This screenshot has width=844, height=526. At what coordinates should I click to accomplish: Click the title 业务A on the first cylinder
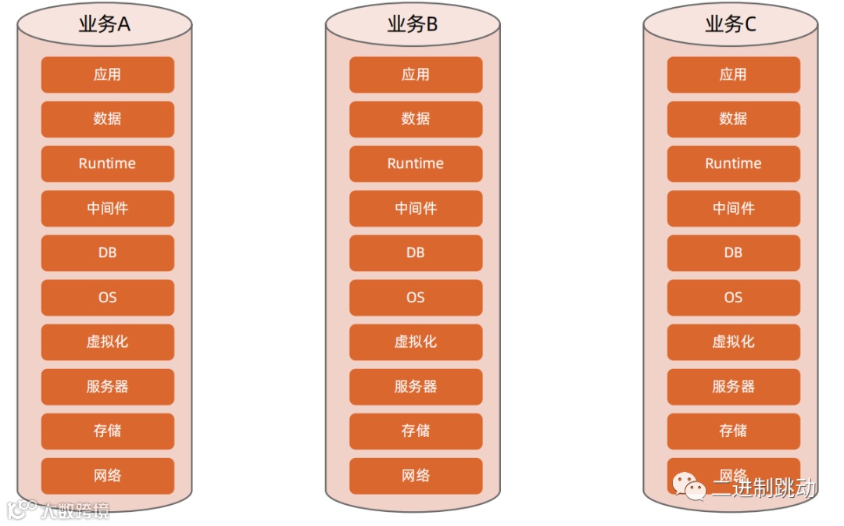(x=105, y=24)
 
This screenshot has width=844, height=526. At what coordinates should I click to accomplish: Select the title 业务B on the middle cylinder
(x=413, y=24)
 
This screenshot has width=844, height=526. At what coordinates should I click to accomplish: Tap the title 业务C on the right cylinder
(x=731, y=24)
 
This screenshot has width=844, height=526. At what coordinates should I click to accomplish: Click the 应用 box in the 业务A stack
(x=108, y=75)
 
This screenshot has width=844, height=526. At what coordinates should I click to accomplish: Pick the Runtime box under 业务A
(x=108, y=164)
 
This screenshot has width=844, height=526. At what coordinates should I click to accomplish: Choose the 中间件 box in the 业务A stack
(x=108, y=209)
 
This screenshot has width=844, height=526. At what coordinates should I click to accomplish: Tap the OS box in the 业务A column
(x=108, y=298)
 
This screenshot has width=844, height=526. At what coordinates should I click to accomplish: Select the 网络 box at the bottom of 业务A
(x=108, y=476)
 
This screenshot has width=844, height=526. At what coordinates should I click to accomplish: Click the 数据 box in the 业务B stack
(x=416, y=120)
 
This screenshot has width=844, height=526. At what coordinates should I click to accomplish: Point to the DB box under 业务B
(x=416, y=253)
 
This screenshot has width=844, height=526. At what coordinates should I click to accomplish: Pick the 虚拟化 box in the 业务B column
(x=416, y=342)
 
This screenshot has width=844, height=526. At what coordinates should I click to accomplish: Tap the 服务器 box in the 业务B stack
(x=416, y=387)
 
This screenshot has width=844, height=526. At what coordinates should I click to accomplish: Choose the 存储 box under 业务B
(x=416, y=431)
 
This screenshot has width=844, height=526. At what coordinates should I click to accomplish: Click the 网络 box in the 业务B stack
(x=416, y=476)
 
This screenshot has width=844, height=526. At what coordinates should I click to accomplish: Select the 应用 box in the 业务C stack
(x=734, y=75)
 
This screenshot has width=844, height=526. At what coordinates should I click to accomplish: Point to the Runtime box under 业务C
(x=734, y=164)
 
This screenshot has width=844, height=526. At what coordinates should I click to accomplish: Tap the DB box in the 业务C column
(x=734, y=253)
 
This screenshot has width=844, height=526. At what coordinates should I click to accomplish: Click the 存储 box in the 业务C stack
(x=734, y=431)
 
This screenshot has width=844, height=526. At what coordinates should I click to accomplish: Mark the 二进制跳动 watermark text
(x=764, y=488)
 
